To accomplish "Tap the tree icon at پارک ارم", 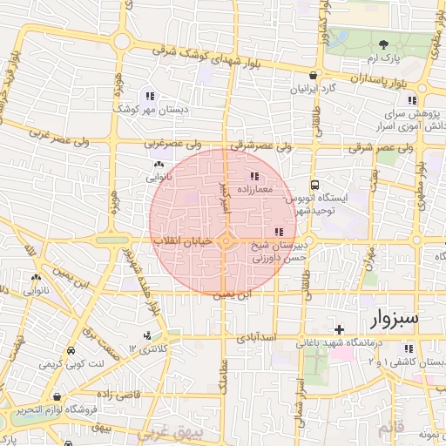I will point(384,44).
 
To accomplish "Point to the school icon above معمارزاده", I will point(253,176).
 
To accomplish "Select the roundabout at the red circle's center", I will point(225,240).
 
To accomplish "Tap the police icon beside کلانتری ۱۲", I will point(146,335).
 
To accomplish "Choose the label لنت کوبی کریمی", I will point(99,361).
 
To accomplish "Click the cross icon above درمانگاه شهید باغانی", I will point(339,329).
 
